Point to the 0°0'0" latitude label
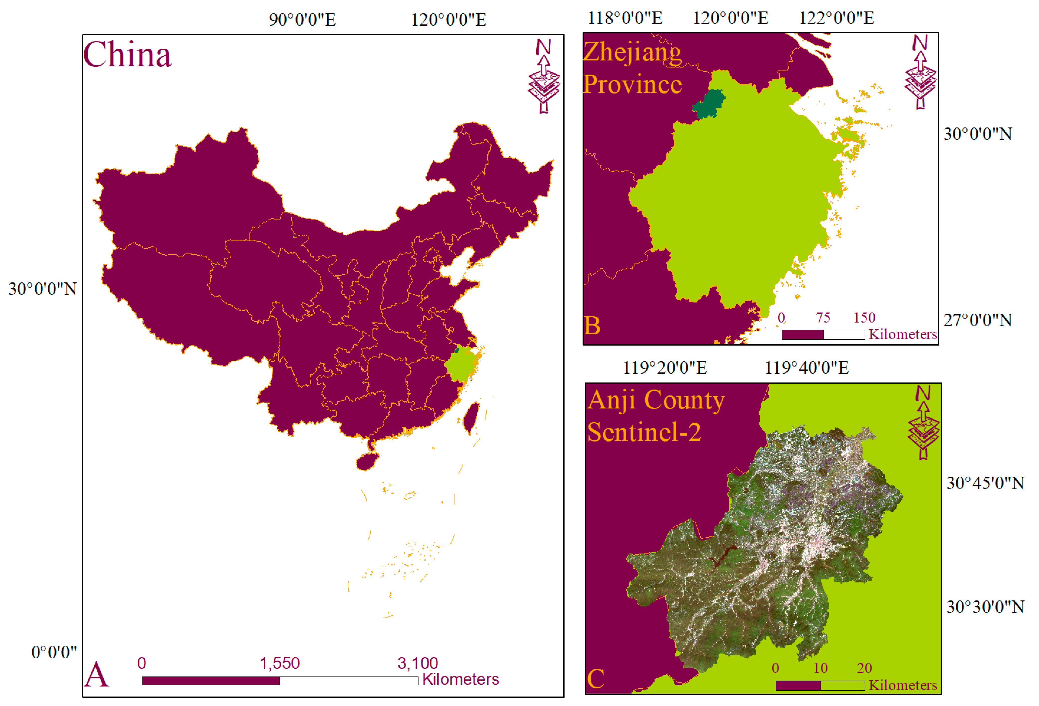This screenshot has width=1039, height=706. pyautogui.click(x=54, y=652)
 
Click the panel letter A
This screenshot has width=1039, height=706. pyautogui.click(x=96, y=675)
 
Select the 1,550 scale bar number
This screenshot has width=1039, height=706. pyautogui.click(x=279, y=663)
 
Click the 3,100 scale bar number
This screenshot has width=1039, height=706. pyautogui.click(x=418, y=663)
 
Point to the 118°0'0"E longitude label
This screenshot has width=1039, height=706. pyautogui.click(x=625, y=18)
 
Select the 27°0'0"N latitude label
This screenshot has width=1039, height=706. pyautogui.click(x=978, y=320)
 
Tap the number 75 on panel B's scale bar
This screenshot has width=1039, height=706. pyautogui.click(x=823, y=318)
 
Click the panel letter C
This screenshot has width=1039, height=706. pyautogui.click(x=596, y=679)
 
